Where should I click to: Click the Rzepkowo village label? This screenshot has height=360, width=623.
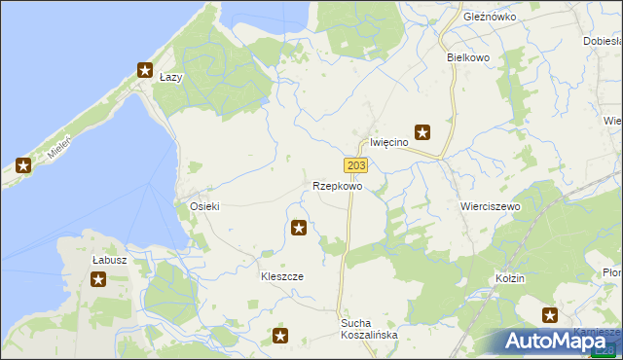(338, 186)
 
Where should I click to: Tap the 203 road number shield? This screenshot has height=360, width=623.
(355, 166)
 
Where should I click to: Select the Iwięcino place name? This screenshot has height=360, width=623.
(388, 142)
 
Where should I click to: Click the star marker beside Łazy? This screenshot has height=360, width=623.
(145, 70)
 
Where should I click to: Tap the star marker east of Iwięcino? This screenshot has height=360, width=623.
(422, 132)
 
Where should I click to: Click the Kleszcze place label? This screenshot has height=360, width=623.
(281, 276)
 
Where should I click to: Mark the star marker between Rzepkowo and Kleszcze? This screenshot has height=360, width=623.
(299, 229)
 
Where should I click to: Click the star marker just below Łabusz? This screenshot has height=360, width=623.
(98, 280)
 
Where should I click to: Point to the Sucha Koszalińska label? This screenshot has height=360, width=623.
(369, 328)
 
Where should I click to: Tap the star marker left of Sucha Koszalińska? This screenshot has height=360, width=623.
(280, 337)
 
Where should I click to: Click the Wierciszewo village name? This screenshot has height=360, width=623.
(490, 207)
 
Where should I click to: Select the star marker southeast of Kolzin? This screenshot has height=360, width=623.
(550, 314)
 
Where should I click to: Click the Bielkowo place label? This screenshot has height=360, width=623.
(467, 57)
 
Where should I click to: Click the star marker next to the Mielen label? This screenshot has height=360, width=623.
(23, 165)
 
